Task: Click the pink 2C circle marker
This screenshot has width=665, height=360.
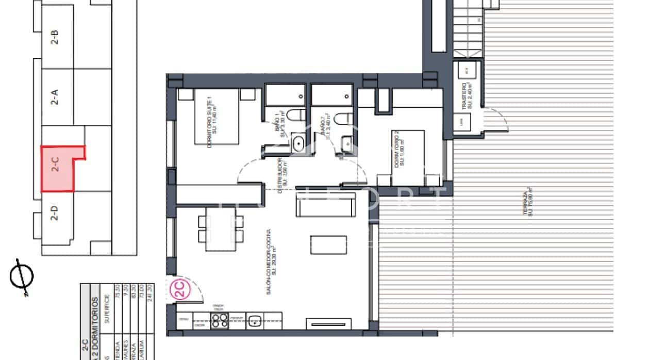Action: (179, 290)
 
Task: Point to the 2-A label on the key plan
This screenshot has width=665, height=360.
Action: (54, 96)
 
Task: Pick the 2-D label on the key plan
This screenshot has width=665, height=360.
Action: (54, 213)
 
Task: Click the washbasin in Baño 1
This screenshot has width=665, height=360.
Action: (297, 143)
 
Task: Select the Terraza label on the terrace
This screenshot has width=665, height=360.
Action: (527, 204)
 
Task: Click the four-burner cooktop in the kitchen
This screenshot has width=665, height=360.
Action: (220, 320)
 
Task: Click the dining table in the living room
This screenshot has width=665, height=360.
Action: (221, 229)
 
